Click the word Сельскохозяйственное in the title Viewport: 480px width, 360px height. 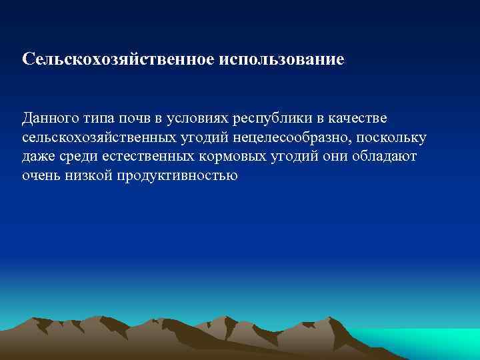[x=117, y=59]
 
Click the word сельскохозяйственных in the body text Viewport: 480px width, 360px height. [x=90, y=137]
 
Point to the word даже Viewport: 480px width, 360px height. [x=38, y=157]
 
